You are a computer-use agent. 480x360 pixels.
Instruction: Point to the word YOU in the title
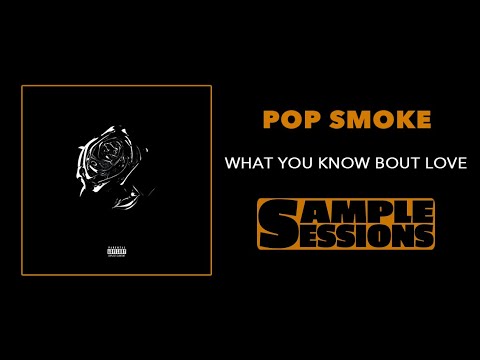(x=292, y=162)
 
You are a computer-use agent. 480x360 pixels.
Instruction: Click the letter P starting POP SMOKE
(x=269, y=120)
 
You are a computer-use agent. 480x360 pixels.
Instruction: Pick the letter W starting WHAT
(x=232, y=162)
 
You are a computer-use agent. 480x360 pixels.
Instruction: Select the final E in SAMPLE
(x=424, y=211)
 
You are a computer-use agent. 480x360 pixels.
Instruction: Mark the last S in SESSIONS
(x=424, y=237)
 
